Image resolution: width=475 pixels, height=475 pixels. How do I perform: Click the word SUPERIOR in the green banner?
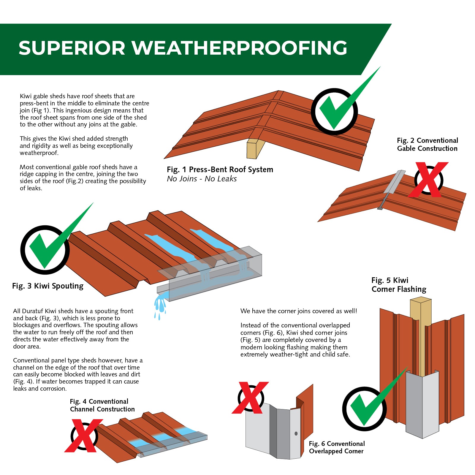point(72,48)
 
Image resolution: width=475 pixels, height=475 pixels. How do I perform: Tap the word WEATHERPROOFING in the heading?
point(240,48)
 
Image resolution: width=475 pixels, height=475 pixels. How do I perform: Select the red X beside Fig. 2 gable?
point(428,180)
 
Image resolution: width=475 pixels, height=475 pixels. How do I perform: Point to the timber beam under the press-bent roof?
point(256,148)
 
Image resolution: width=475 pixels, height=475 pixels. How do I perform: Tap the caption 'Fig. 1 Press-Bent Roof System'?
point(220,170)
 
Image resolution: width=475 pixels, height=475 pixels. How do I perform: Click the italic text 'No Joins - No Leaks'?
point(202,179)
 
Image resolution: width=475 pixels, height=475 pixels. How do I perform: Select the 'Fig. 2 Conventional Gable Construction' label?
point(427,144)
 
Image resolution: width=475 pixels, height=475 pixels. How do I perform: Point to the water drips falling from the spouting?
point(160,307)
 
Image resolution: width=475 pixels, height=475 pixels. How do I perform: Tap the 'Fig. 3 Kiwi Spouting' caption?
point(48,286)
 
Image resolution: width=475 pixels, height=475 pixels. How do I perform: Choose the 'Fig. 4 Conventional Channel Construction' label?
point(102,405)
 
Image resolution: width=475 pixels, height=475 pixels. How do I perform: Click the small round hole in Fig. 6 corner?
point(296,434)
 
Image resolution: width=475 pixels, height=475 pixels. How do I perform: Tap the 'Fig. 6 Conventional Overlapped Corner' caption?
point(337,447)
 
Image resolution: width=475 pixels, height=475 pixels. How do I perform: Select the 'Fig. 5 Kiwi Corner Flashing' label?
point(399,285)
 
